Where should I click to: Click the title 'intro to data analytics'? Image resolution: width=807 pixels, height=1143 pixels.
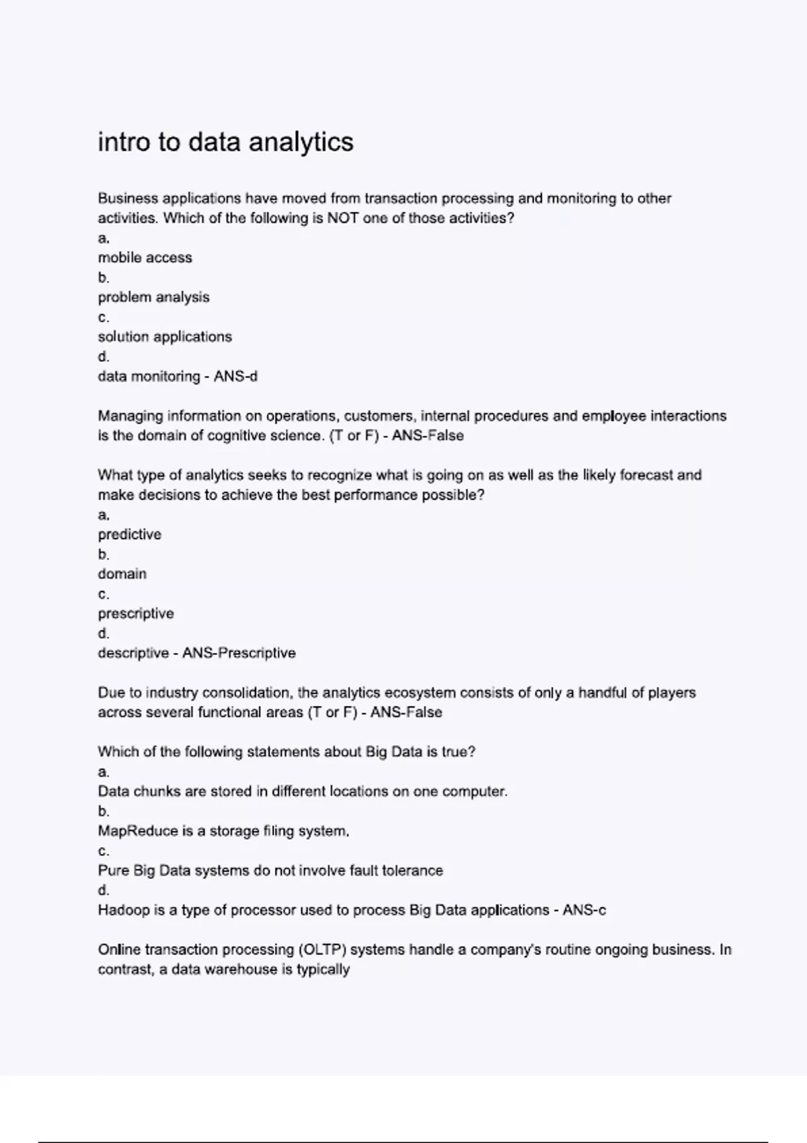click(x=225, y=142)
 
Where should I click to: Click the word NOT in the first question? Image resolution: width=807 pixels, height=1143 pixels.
click(x=342, y=218)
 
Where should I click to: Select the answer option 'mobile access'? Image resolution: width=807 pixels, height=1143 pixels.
click(x=145, y=258)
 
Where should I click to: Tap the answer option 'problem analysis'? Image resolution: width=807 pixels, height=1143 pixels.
click(x=153, y=297)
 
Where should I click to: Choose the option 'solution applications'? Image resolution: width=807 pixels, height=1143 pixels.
click(x=165, y=337)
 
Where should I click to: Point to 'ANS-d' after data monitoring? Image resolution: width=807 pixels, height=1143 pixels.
click(x=235, y=377)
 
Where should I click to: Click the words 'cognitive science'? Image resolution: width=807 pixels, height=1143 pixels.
click(x=266, y=436)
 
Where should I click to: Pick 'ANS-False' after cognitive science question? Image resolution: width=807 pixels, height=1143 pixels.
click(x=428, y=436)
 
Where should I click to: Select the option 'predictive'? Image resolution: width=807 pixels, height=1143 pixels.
click(x=129, y=535)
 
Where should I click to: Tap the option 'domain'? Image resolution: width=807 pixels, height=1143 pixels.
click(x=122, y=574)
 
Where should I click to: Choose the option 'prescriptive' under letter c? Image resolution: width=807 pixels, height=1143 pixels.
click(x=135, y=614)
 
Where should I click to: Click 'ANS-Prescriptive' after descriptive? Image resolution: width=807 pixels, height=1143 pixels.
click(x=239, y=653)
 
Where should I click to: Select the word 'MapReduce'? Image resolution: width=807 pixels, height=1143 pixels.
click(x=138, y=831)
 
